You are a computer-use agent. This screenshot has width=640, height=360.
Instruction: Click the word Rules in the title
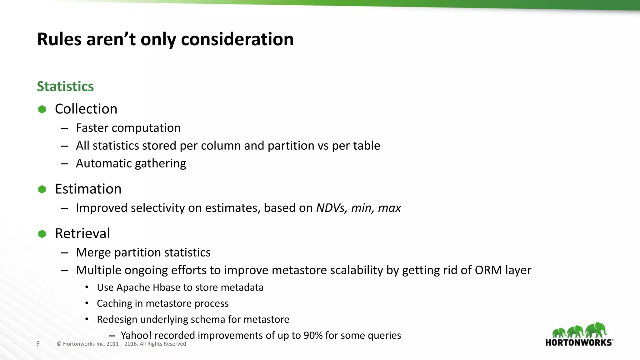[x=59, y=40]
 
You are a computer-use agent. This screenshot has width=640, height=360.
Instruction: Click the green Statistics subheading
[x=65, y=87]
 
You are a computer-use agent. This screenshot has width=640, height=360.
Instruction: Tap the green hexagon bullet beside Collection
[x=42, y=109]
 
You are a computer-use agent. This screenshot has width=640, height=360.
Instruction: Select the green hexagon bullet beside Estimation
[x=42, y=189]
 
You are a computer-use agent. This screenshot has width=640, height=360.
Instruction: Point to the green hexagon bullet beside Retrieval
[x=42, y=234]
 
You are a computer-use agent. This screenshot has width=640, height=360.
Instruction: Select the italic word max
[x=389, y=208]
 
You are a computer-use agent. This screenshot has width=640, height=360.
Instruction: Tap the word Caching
[x=114, y=303]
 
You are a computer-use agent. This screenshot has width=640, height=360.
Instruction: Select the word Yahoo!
[x=136, y=335]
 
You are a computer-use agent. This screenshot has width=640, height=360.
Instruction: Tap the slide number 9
[x=38, y=344]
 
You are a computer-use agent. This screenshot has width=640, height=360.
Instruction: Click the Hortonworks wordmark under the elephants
[x=579, y=342]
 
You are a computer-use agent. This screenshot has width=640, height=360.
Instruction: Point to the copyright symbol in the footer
[x=59, y=344]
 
